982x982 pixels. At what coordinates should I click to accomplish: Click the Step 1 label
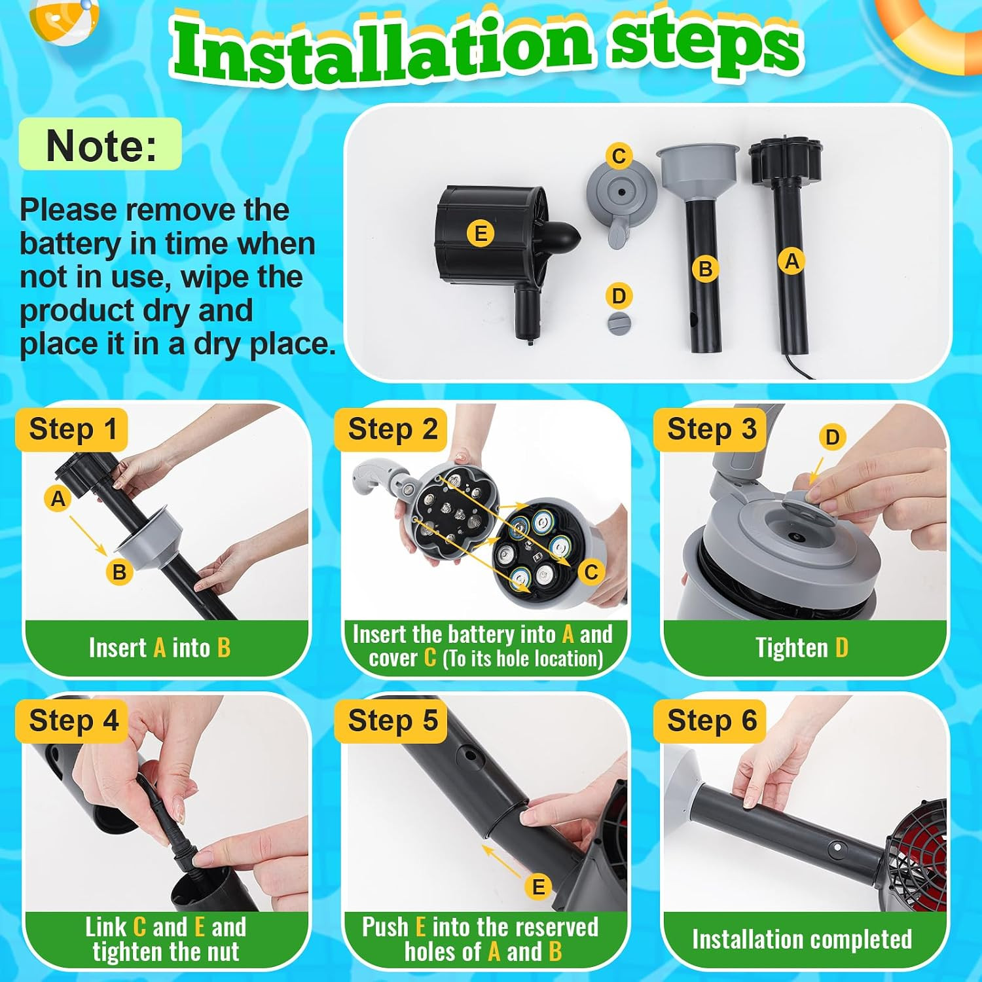click(x=73, y=429)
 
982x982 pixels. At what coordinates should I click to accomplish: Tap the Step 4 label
click(x=73, y=720)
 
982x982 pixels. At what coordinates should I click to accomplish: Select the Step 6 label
click(x=711, y=720)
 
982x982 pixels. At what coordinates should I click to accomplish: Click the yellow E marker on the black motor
click(x=481, y=234)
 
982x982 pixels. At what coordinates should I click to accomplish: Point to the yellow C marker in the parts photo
click(x=619, y=156)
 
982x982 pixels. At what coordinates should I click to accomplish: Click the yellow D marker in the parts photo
click(x=619, y=296)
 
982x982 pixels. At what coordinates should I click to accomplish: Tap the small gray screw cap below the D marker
click(x=619, y=323)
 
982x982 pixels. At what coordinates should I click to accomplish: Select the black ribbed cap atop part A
click(x=785, y=160)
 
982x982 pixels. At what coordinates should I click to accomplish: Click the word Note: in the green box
click(x=101, y=145)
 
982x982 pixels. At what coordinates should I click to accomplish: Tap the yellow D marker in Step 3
click(x=832, y=437)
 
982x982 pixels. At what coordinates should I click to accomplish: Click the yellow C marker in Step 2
click(x=591, y=572)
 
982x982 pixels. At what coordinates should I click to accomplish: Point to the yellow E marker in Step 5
click(x=538, y=887)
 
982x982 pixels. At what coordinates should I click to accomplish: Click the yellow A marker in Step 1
click(x=58, y=499)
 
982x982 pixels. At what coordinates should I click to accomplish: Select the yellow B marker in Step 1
click(x=119, y=572)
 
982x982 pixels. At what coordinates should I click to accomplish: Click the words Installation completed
click(x=802, y=939)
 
